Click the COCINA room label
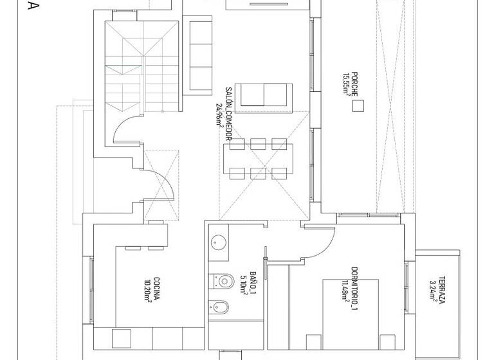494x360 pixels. [156, 288]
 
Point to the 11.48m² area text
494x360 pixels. [345, 291]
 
